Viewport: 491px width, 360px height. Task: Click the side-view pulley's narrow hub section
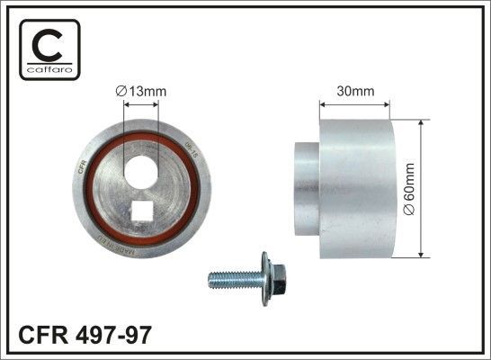(307, 191)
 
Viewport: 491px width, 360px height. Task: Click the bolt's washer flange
(265, 280)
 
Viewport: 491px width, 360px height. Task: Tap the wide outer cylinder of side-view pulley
(360, 191)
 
